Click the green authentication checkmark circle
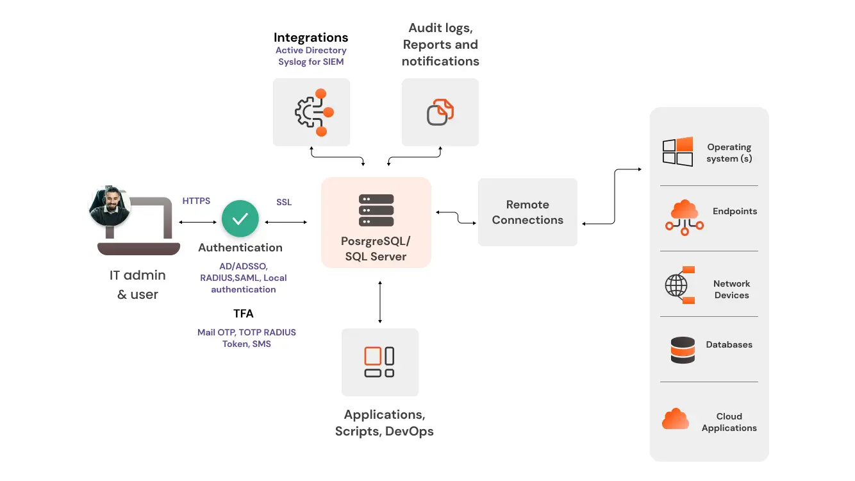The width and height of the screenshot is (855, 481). [x=240, y=219]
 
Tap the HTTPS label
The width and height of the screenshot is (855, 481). [x=196, y=201]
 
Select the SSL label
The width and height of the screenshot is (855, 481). [x=284, y=202]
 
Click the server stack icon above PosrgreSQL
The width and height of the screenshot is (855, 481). [x=376, y=210]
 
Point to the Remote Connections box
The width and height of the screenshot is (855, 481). [x=527, y=212]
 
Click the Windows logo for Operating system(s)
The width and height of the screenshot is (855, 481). [x=677, y=152]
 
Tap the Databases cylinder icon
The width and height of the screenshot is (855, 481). [x=683, y=350]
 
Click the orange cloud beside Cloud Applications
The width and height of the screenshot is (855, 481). [x=676, y=419]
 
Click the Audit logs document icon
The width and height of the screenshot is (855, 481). [x=440, y=112]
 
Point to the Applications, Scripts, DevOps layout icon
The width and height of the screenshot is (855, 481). [x=379, y=362]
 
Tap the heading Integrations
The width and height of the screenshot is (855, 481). [x=311, y=37]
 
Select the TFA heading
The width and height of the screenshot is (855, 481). [x=244, y=314]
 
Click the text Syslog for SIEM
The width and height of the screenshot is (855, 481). [x=311, y=62]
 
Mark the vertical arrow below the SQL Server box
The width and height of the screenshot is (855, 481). [x=380, y=301]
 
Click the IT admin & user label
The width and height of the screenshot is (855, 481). [x=137, y=285]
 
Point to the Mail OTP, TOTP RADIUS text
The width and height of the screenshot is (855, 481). [x=247, y=332]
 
